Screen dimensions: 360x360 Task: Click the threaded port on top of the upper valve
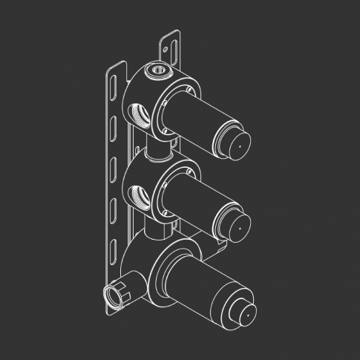157,72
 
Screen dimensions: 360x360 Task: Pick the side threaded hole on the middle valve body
139,195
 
